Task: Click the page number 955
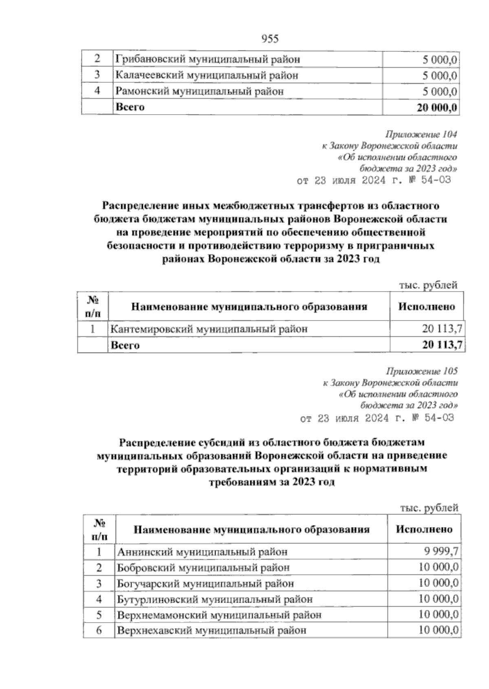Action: [x=269, y=39]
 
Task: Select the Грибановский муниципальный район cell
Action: [x=208, y=60]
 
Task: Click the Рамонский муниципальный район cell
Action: [x=199, y=91]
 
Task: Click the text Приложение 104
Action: [x=421, y=135]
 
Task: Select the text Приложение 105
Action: [x=421, y=372]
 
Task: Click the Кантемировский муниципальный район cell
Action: [x=209, y=329]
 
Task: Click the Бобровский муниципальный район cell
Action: [x=203, y=568]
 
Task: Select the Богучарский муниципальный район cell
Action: [x=205, y=583]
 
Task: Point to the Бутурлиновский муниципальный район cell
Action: [x=215, y=599]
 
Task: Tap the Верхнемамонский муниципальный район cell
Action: [x=219, y=615]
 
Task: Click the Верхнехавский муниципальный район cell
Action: [x=211, y=631]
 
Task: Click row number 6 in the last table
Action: [x=99, y=631]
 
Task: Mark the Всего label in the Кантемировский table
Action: [x=125, y=345]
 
